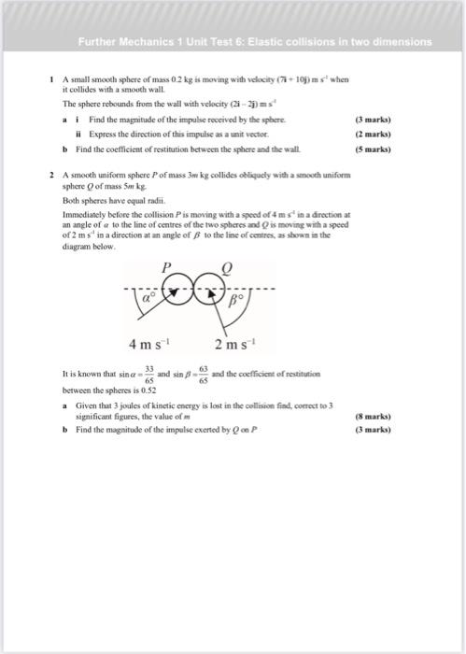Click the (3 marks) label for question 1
click(374, 121)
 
